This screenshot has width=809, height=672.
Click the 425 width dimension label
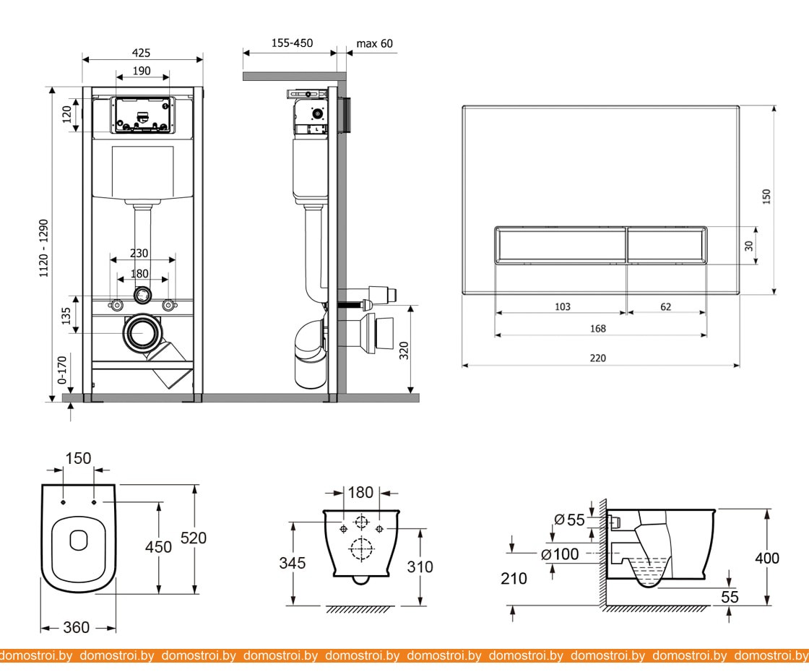coord(142,53)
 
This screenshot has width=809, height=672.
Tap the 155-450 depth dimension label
coord(292,43)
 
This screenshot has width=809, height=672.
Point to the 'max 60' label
coord(375,43)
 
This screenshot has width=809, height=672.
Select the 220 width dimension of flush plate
coord(597,358)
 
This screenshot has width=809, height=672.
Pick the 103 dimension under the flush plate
coord(562,306)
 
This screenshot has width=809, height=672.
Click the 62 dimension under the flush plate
coord(665,306)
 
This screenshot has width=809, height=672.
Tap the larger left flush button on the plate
coord(560,246)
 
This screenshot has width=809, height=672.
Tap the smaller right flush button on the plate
coord(666,246)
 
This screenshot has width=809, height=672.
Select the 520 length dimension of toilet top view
coord(194,538)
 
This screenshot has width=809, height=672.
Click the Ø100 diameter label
coord(561,554)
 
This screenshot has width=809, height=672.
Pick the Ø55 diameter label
coord(568,519)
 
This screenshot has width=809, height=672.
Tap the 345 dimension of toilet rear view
coord(293,562)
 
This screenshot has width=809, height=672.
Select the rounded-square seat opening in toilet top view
coord(77,538)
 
